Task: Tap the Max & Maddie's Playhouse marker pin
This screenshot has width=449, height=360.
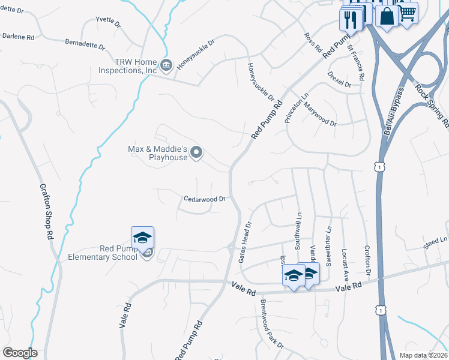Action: (x=196, y=154)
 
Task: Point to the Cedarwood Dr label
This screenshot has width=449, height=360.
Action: (x=204, y=199)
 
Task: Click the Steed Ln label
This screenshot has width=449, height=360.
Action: (x=436, y=241)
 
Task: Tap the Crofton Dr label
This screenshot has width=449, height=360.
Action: (x=368, y=259)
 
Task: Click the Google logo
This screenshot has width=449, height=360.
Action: (x=20, y=353)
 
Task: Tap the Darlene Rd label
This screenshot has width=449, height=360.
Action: (x=18, y=36)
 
